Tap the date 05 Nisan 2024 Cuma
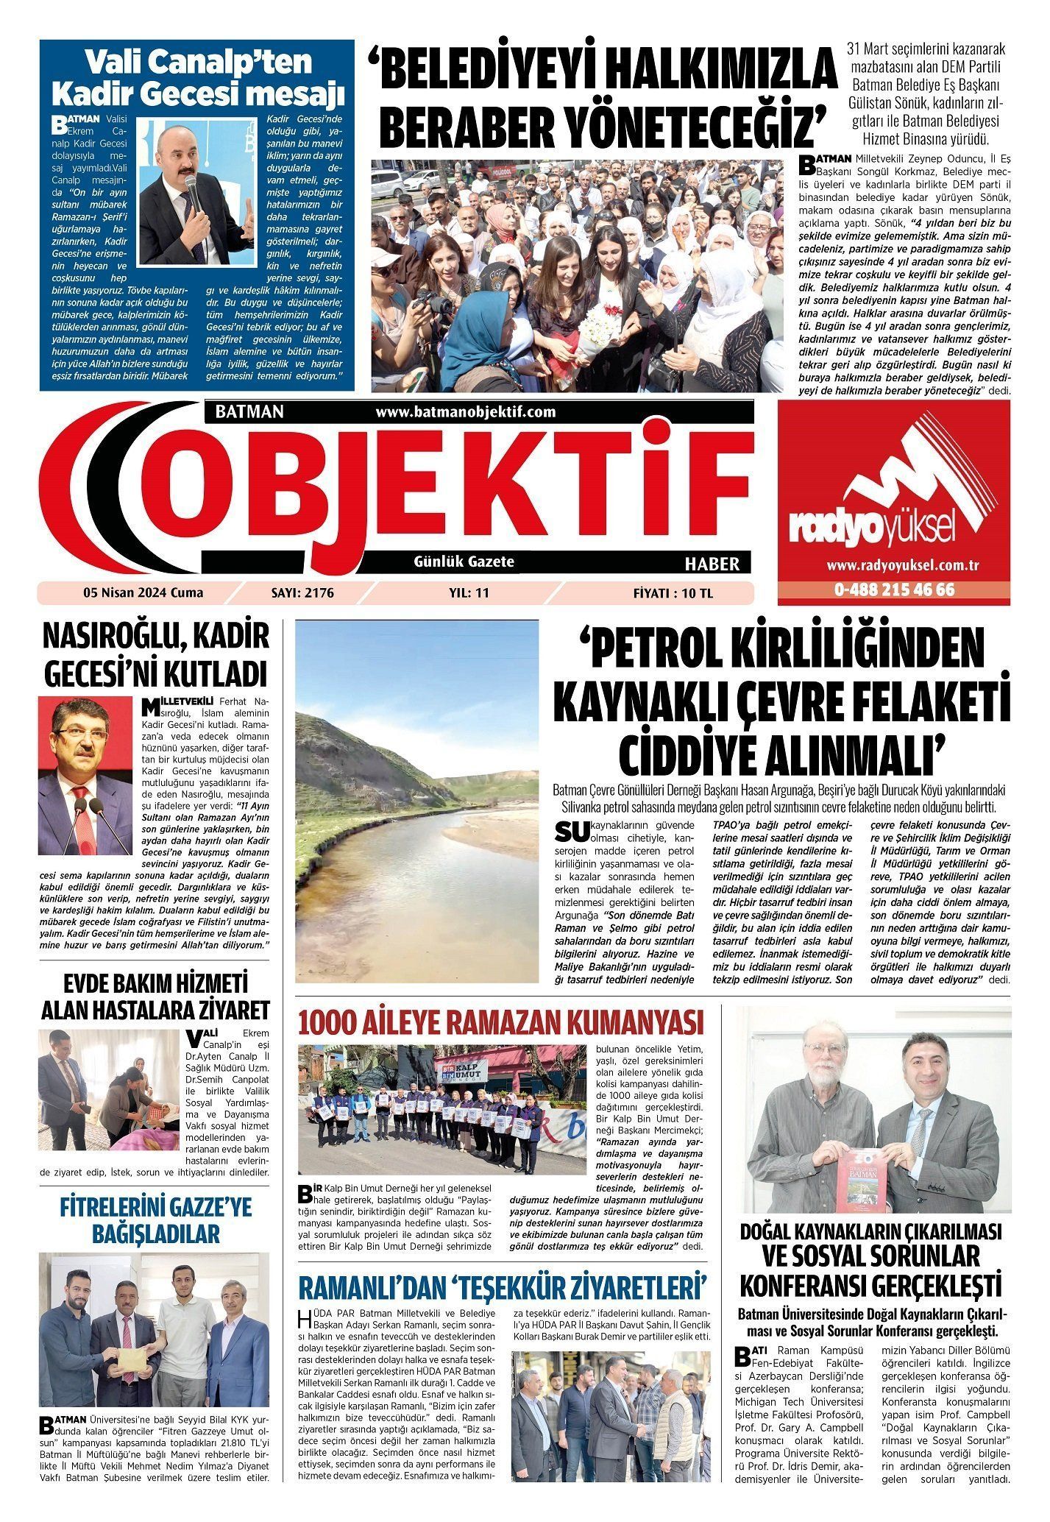(x=143, y=592)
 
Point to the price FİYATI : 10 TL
(x=673, y=592)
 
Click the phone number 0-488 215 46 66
(x=894, y=590)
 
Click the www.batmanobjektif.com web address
(x=465, y=412)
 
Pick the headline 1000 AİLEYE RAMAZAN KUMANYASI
(x=500, y=1022)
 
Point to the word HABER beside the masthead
(x=712, y=564)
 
